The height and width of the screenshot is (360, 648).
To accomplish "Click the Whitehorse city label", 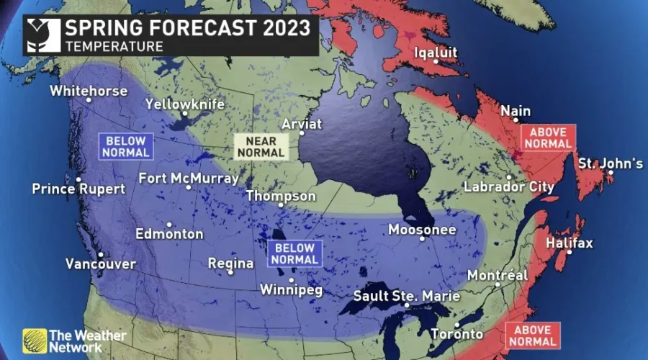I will (x=89, y=91).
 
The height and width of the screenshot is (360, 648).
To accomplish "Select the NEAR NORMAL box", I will (x=260, y=146).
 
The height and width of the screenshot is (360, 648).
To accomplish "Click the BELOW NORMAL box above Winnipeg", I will (x=294, y=253).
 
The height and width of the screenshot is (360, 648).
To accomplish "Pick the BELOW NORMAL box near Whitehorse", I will (x=126, y=146).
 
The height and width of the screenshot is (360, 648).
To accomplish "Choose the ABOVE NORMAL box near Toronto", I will (x=533, y=336).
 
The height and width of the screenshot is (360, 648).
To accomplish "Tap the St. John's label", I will (x=611, y=164).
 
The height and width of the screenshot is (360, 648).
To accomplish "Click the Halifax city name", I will (x=569, y=243).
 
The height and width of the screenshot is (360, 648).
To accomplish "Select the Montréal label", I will (x=498, y=276).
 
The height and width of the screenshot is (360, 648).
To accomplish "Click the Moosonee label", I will (x=422, y=230).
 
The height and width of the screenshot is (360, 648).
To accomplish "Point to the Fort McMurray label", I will (x=189, y=178).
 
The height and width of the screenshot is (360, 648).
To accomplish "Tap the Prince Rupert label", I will (x=78, y=189).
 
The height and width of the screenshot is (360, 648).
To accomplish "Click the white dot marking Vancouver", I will (x=101, y=254).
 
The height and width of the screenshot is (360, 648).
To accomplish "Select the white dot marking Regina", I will (x=230, y=272).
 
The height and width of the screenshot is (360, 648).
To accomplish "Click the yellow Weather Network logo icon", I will (x=34, y=340).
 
